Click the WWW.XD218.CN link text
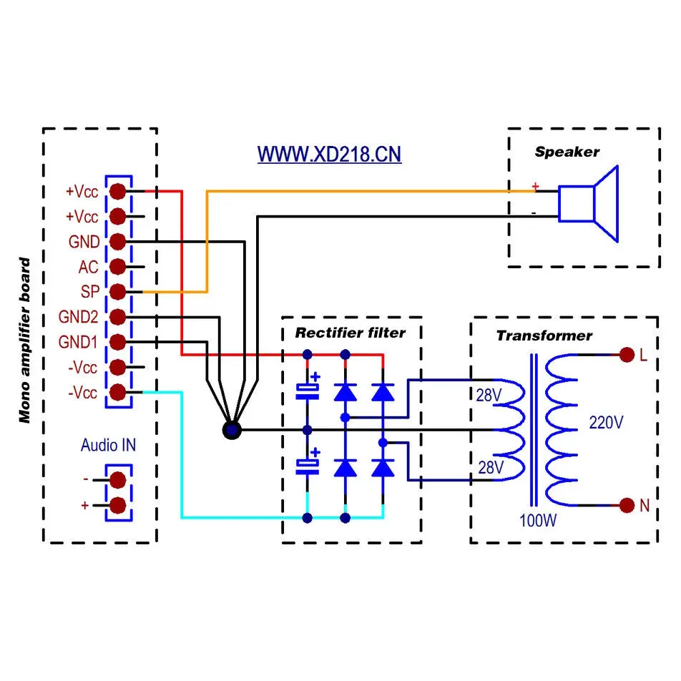pyautogui.click(x=329, y=155)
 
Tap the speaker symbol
pyautogui.click(x=587, y=203)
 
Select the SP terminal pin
pyautogui.click(x=118, y=292)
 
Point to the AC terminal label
pyautogui.click(x=88, y=268)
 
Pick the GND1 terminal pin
pyautogui.click(x=118, y=342)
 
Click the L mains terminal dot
pyautogui.click(x=627, y=355)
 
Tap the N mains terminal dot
pyautogui.click(x=627, y=506)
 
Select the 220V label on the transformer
pyautogui.click(x=606, y=423)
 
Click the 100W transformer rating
pyautogui.click(x=538, y=520)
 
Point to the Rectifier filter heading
pyautogui.click(x=350, y=333)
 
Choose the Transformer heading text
pyautogui.click(x=544, y=335)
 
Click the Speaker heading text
pyautogui.click(x=567, y=152)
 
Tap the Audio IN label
pyautogui.click(x=108, y=446)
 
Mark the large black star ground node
pyautogui.click(x=232, y=430)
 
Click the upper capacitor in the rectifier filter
pyautogui.click(x=308, y=388)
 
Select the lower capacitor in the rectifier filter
pyautogui.click(x=308, y=466)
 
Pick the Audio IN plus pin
pyautogui.click(x=118, y=505)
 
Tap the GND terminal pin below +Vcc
pyautogui.click(x=118, y=242)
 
